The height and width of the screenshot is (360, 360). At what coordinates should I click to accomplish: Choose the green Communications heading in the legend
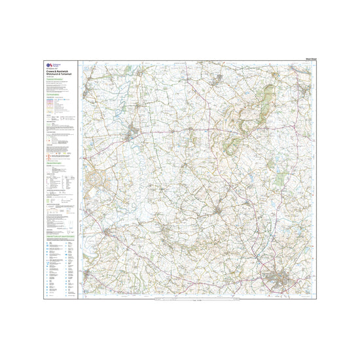[53, 94]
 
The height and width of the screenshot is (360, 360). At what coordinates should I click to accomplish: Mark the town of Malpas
[219, 209]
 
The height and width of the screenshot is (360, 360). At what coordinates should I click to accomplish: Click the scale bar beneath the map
[196, 301]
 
